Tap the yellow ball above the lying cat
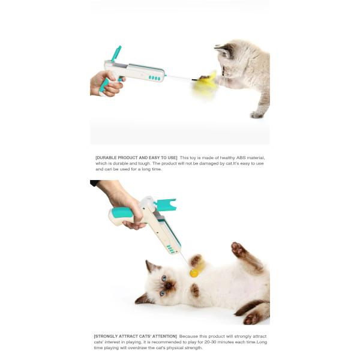(194, 273)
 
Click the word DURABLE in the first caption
(109, 158)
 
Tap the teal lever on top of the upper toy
(115, 53)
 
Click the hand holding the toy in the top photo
(103, 83)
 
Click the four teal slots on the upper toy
(154, 77)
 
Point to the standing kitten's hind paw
(256, 114)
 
